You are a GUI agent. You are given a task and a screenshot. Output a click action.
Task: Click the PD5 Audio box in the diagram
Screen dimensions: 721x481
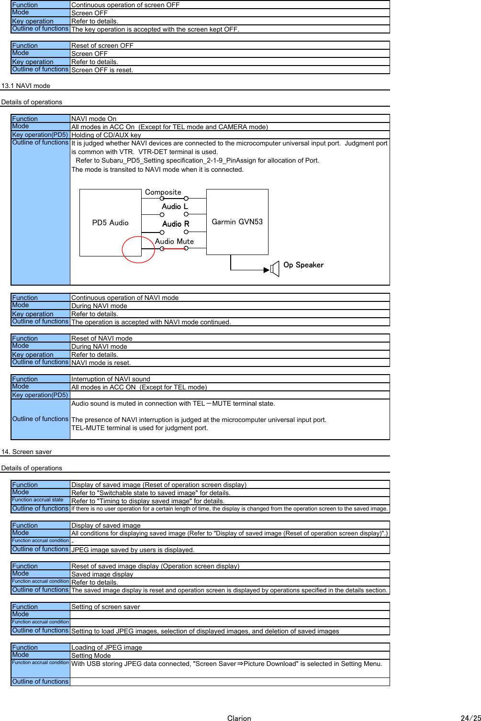point(110,222)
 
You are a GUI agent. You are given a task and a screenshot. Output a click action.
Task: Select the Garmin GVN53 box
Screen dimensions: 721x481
point(237,222)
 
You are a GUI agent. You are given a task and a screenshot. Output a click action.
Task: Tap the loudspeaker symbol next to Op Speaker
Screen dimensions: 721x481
point(274,269)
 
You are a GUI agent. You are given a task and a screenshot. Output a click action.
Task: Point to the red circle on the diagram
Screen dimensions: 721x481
point(138,249)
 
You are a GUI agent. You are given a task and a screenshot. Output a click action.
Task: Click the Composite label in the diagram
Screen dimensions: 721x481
point(163,192)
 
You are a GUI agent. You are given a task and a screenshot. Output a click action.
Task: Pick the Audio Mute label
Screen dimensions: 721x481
point(174,241)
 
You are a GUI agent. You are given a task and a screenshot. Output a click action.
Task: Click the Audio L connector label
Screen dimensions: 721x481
point(175,206)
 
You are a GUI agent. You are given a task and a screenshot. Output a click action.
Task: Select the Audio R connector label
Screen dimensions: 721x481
point(176,223)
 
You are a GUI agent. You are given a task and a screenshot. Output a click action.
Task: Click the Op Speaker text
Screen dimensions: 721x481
point(303,265)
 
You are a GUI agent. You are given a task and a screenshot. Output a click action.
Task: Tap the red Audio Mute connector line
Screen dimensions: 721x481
point(174,249)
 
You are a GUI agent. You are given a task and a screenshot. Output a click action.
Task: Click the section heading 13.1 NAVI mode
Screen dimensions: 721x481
point(26,86)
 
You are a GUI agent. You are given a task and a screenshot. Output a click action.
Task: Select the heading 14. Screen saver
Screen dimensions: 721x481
point(26,452)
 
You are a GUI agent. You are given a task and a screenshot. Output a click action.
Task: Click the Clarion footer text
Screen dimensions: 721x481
point(239,718)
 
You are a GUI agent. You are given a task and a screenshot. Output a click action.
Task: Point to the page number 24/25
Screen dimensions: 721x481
point(470,718)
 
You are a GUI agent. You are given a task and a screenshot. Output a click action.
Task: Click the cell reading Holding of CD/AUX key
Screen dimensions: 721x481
point(106,135)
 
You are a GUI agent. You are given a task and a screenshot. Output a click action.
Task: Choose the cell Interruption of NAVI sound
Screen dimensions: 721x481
point(111,379)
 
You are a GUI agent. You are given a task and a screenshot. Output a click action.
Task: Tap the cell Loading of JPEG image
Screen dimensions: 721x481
point(107,647)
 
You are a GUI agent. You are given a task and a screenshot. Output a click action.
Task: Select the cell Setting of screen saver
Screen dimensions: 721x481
point(106,607)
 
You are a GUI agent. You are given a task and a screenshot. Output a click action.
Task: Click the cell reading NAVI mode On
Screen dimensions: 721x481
point(94,119)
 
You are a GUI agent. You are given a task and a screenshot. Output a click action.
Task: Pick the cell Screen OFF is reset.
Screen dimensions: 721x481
point(102,70)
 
